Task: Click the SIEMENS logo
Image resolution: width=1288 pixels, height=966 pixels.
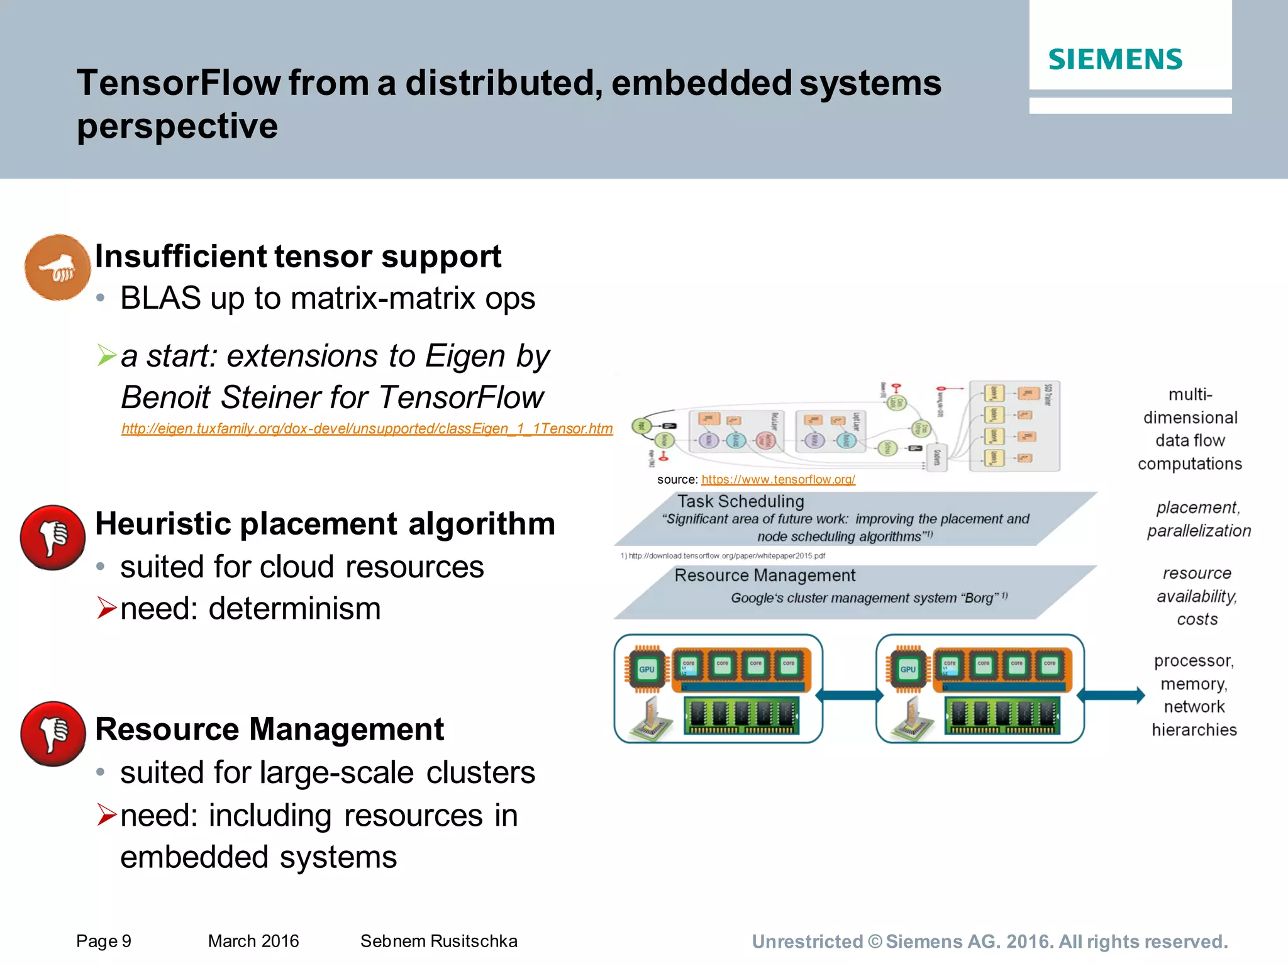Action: [1115, 60]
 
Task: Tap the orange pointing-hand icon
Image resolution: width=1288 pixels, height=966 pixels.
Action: [57, 268]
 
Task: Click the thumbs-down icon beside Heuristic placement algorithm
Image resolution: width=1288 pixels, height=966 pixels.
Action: [53, 538]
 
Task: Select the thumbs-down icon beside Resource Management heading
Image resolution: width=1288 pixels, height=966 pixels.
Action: [53, 734]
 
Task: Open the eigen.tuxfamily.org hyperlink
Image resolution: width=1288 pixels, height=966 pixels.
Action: [367, 429]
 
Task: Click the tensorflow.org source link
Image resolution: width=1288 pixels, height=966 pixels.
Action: [778, 480]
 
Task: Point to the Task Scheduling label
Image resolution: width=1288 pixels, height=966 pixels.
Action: [740, 502]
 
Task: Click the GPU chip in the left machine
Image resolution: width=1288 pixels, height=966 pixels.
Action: [647, 669]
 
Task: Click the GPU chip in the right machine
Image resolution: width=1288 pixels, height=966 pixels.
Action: [908, 669]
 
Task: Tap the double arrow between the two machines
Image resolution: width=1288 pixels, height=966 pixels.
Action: [849, 695]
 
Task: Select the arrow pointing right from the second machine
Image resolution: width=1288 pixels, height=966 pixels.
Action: [1111, 695]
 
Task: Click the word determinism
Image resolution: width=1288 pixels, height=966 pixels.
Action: [294, 609]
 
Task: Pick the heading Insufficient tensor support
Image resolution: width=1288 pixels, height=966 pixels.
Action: [298, 257]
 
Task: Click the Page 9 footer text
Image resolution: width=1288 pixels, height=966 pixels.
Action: [104, 941]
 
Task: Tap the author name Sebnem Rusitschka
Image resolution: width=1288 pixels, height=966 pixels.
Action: [438, 941]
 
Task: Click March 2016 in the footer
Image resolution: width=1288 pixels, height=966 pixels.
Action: [253, 941]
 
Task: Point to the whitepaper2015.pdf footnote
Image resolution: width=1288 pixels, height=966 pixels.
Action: [723, 556]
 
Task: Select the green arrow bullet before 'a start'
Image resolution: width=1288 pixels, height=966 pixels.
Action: [107, 356]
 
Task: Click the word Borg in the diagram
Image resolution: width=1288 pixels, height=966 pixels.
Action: [979, 598]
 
